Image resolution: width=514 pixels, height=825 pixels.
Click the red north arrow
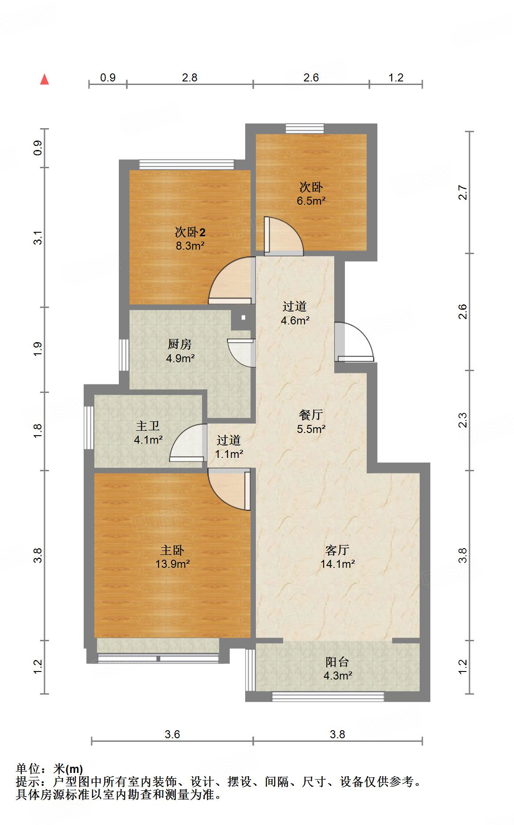(x=45, y=79)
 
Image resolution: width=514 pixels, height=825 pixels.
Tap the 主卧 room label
(x=172, y=550)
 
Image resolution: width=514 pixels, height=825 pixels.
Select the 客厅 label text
(x=337, y=550)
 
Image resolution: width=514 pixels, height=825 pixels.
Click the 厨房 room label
(x=180, y=344)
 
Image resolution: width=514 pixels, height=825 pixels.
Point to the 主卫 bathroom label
(x=148, y=426)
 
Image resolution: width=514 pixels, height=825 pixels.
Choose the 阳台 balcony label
(x=337, y=662)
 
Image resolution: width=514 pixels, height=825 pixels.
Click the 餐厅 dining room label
(x=311, y=415)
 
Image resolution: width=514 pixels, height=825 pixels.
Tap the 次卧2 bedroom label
(x=190, y=232)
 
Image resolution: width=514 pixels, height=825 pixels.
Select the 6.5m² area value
(x=311, y=201)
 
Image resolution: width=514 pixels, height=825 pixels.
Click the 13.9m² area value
(x=173, y=564)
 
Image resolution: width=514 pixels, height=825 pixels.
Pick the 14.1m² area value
(x=337, y=564)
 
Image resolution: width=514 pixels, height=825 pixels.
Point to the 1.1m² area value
(x=229, y=454)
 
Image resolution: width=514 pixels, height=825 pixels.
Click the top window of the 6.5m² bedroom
(x=305, y=129)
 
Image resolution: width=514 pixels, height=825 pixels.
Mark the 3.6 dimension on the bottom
(x=172, y=734)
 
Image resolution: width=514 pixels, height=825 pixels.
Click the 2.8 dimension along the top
(x=190, y=77)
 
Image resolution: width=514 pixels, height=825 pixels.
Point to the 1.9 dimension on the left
(x=38, y=349)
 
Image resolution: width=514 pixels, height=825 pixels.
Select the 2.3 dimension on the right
(x=463, y=421)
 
